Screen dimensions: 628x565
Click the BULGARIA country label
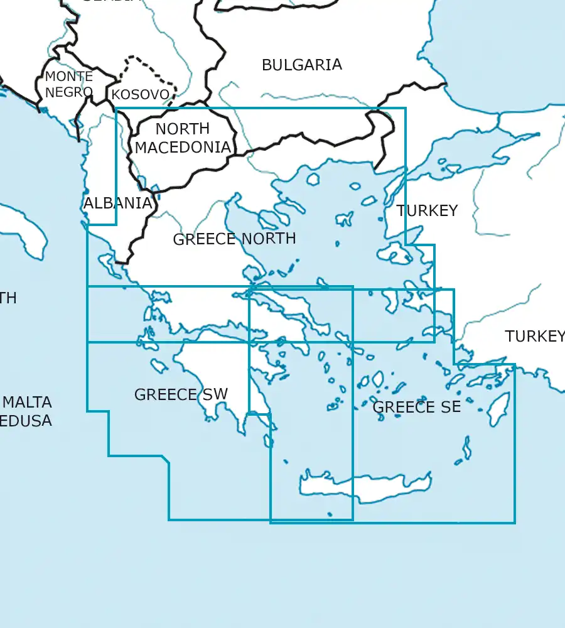point(301,65)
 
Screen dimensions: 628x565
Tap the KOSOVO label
point(140,95)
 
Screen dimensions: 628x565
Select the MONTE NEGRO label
point(68,84)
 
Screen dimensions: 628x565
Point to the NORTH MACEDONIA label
point(183,138)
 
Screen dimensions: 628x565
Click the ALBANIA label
point(117,203)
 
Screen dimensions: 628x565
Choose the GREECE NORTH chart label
point(234,239)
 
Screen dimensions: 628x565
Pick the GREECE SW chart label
point(181,394)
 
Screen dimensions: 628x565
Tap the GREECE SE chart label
point(417,407)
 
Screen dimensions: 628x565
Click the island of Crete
point(364,487)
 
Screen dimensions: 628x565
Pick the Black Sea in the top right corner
point(502,44)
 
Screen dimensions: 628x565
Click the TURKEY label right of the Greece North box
point(427,210)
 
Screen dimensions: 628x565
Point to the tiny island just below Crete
point(330,515)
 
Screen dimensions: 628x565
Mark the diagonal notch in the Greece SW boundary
point(166,460)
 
